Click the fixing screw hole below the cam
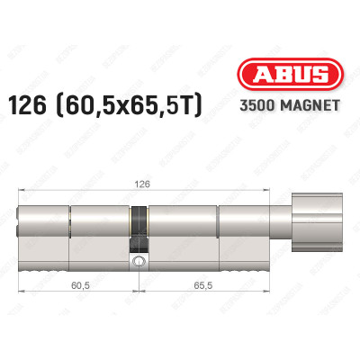(x=138, y=263)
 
